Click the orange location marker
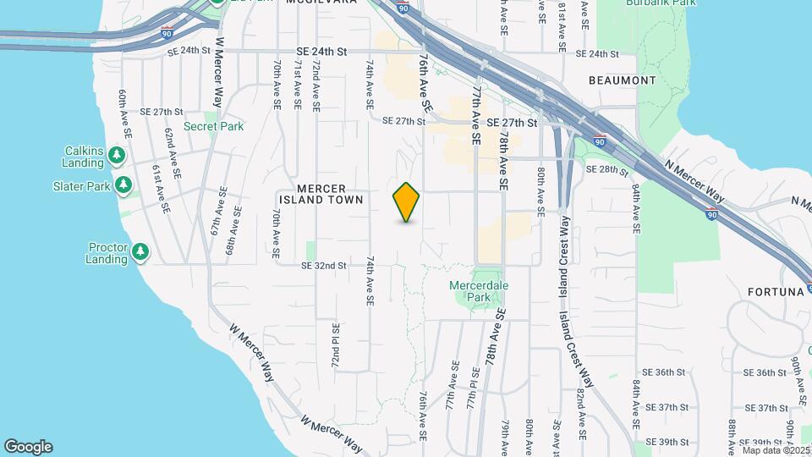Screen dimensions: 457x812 407,201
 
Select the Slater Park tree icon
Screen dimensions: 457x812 123,184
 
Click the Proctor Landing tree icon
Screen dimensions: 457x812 140,251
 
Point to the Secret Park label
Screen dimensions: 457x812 213,127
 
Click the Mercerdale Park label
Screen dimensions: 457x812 479,291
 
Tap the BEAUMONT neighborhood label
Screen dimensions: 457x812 623,80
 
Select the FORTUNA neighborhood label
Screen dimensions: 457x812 774,292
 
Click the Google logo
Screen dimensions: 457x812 28,447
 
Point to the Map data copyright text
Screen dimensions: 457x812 776,450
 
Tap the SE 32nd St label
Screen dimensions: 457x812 324,266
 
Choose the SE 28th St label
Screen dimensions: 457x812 608,170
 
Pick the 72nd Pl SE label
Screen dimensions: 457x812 336,344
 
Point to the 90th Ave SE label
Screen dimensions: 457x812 796,377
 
